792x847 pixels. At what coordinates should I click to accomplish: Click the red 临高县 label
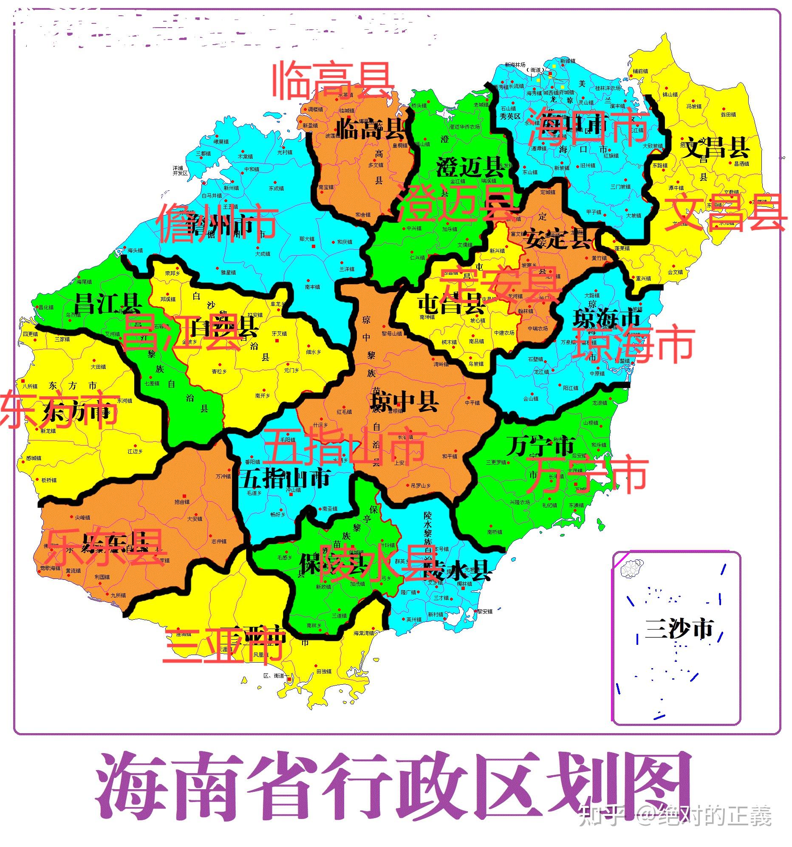click(x=332, y=81)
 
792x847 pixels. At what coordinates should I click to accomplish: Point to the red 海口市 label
click(x=588, y=127)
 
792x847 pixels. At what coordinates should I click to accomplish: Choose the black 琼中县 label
click(x=404, y=401)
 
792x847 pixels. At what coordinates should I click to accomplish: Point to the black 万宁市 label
click(x=541, y=446)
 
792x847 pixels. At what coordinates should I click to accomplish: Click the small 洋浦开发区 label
click(x=180, y=170)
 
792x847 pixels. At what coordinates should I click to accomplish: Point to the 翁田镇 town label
click(x=728, y=115)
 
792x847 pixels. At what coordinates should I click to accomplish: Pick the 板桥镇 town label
click(x=49, y=480)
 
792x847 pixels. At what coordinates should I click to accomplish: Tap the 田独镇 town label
click(x=324, y=672)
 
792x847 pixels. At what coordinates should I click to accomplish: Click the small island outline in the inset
click(x=631, y=569)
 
